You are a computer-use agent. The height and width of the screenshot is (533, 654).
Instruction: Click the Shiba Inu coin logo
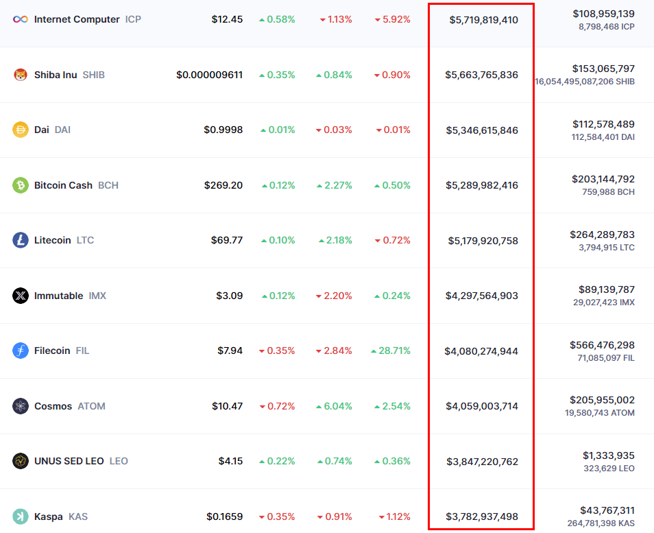pyautogui.click(x=21, y=75)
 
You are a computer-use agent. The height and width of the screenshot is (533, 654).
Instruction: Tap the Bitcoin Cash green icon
pyautogui.click(x=21, y=185)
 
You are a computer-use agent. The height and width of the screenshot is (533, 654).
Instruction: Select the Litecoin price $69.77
pyautogui.click(x=226, y=240)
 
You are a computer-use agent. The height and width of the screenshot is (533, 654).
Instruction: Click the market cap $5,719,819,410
pyautogui.click(x=483, y=20)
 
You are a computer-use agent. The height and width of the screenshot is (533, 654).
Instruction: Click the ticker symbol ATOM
pyautogui.click(x=91, y=406)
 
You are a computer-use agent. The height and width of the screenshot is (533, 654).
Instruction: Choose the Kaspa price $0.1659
pyautogui.click(x=224, y=517)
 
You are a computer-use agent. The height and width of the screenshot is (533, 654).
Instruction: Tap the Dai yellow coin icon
pyautogui.click(x=21, y=130)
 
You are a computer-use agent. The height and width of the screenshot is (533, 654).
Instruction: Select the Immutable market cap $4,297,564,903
pyautogui.click(x=481, y=296)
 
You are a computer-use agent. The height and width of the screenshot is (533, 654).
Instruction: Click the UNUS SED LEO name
pyautogui.click(x=69, y=461)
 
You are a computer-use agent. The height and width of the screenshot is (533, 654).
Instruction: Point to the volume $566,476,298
pyautogui.click(x=602, y=345)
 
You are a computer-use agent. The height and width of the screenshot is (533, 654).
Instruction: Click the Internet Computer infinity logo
pyautogui.click(x=21, y=19)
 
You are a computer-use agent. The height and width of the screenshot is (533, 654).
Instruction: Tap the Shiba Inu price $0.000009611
pyautogui.click(x=209, y=75)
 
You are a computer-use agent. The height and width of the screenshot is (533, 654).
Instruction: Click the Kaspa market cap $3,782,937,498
pyautogui.click(x=482, y=517)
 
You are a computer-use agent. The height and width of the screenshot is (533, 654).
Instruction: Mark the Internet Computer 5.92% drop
pyautogui.click(x=392, y=19)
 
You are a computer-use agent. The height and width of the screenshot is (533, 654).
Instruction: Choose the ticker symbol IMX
pyautogui.click(x=97, y=296)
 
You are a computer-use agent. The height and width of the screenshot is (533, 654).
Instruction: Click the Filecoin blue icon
pyautogui.click(x=21, y=351)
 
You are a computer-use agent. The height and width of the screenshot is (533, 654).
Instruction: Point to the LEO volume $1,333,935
pyautogui.click(x=608, y=455)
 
